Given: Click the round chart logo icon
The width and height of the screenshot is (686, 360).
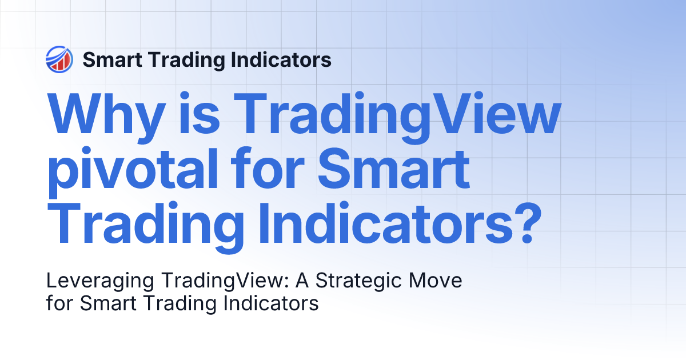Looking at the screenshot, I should click(58, 59).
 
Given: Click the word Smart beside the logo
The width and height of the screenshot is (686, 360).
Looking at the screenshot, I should click(109, 59).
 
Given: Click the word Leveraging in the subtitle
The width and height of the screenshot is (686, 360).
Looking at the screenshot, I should click(98, 282).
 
